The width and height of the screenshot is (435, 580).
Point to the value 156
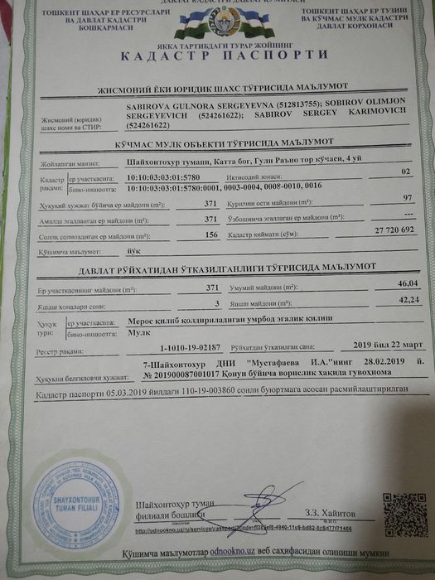coord(212,234)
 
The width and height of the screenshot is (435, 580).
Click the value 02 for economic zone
coord(405,171)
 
